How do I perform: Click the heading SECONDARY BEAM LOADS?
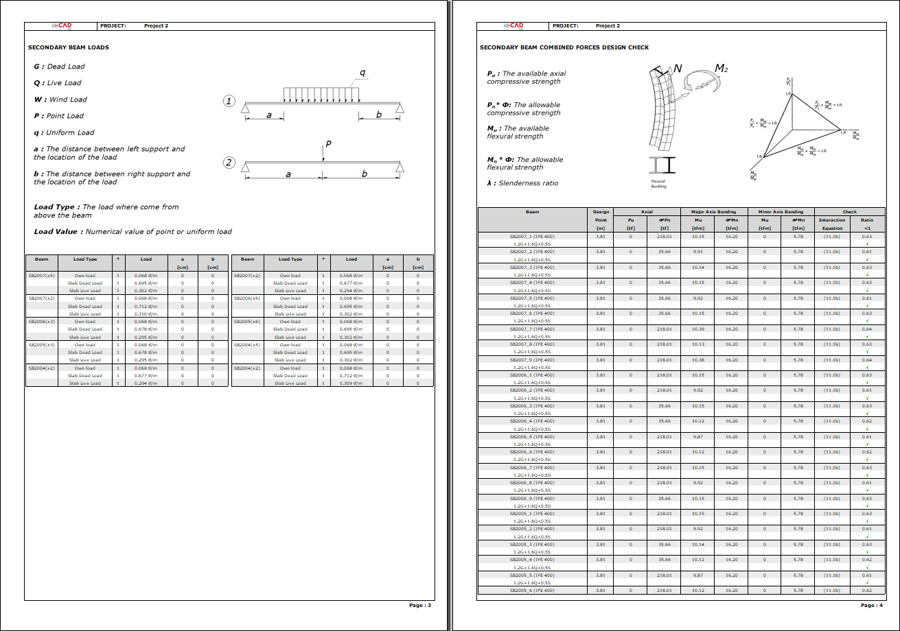coord(68,47)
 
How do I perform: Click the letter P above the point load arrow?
coord(328,145)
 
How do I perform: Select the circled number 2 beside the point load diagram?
coord(230,163)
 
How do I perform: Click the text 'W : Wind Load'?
coord(61,99)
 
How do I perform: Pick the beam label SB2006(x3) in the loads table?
coord(41,321)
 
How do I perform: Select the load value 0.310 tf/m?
coord(146,313)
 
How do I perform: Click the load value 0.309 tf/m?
coord(351,383)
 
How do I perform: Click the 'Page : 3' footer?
coord(419,605)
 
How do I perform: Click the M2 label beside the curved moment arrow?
coord(721,68)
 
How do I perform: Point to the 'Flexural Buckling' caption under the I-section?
coord(658,183)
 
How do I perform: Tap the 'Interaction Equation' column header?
coord(832,224)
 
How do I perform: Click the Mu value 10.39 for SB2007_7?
coord(698,329)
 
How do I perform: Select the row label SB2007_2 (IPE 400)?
coord(531,252)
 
